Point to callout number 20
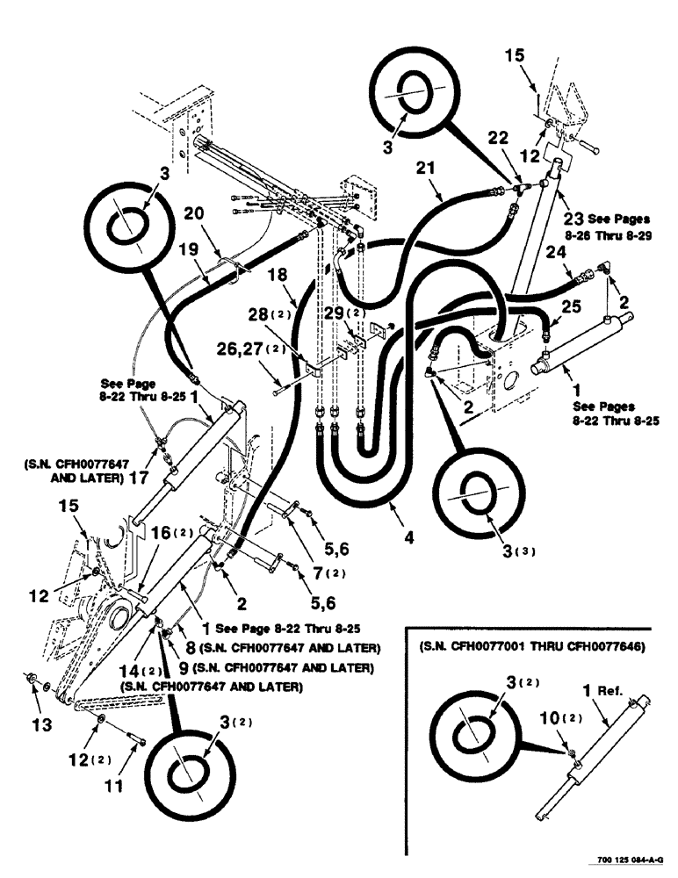[x=195, y=213]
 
